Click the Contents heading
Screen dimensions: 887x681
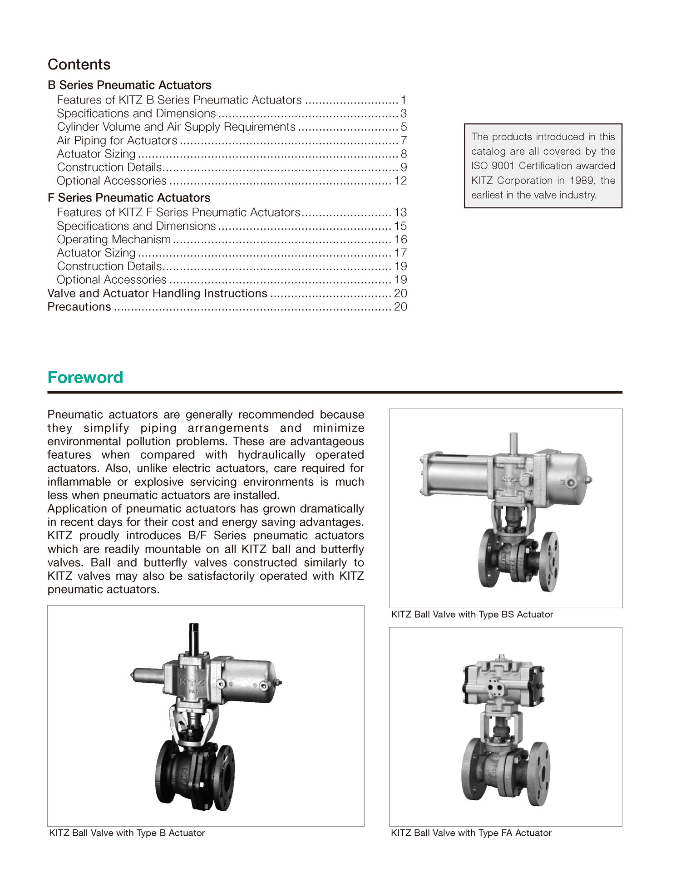click(79, 64)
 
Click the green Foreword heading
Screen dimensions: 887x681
click(85, 377)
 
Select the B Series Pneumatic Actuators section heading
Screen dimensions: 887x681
click(129, 85)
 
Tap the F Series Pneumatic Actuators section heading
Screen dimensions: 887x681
click(129, 198)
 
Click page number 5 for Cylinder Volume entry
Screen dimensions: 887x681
click(404, 127)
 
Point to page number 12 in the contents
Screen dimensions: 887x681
click(400, 181)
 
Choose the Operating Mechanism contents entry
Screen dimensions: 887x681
click(114, 240)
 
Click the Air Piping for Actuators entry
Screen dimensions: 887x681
click(117, 141)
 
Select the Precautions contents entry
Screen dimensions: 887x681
click(79, 307)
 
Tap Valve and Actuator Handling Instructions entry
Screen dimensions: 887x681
click(158, 293)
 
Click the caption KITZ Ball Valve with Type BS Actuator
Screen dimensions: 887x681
click(472, 615)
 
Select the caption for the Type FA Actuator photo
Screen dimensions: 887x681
click(471, 833)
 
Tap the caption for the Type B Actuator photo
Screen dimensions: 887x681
click(127, 833)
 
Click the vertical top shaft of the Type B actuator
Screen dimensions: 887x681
click(194, 638)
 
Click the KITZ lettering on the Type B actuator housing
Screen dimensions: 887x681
click(191, 682)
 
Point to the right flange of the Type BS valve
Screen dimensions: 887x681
click(549, 562)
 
